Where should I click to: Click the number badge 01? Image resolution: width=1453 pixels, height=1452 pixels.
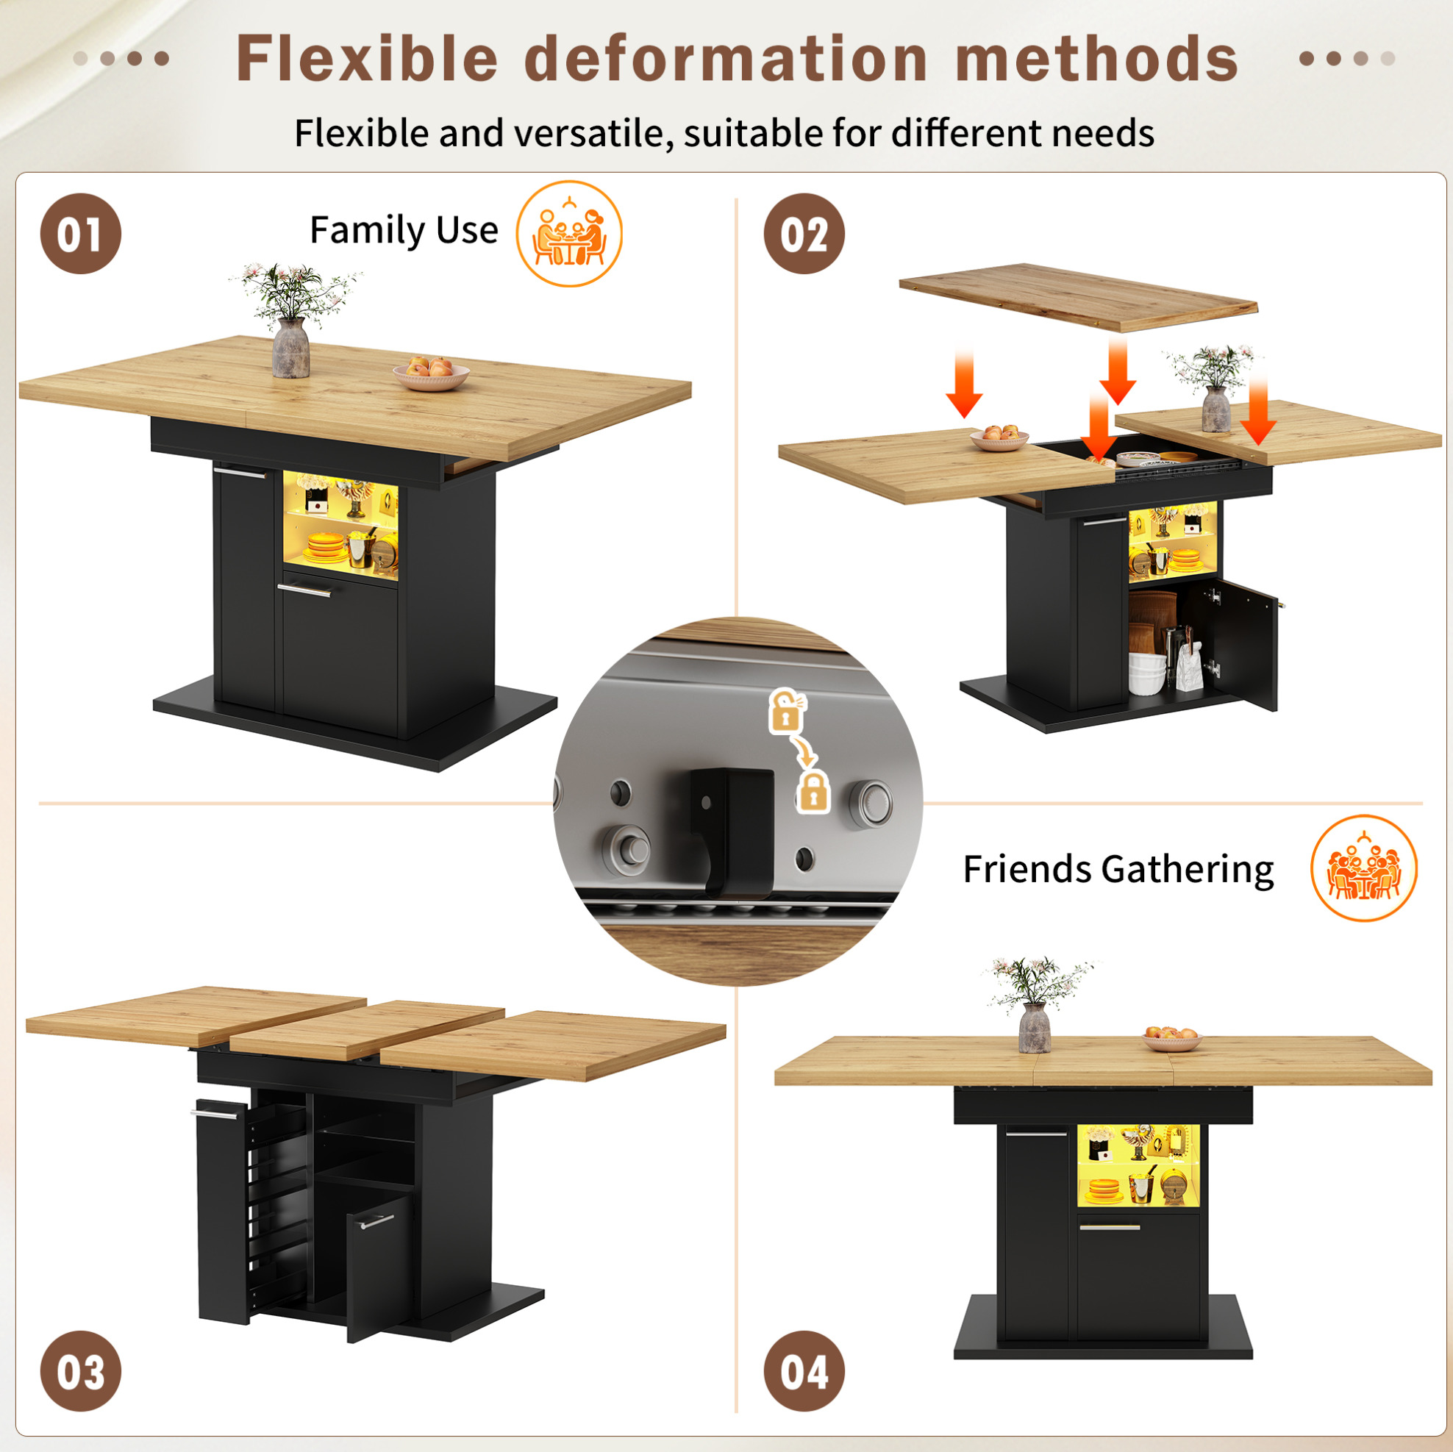pyautogui.click(x=80, y=234)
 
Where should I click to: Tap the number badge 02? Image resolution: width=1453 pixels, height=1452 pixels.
pyautogui.click(x=804, y=234)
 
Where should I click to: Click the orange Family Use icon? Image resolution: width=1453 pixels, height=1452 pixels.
pyautogui.click(x=569, y=234)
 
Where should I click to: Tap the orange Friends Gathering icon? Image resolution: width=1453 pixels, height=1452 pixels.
pyautogui.click(x=1364, y=868)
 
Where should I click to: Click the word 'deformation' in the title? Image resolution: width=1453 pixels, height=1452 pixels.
pyautogui.click(x=726, y=59)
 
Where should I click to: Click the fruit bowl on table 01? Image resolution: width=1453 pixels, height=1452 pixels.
pyautogui.click(x=431, y=373)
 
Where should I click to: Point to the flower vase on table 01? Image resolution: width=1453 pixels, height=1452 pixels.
pyautogui.click(x=291, y=348)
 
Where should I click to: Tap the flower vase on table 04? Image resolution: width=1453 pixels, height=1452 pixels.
pyautogui.click(x=1035, y=1027)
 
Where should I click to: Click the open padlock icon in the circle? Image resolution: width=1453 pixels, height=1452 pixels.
pyautogui.click(x=785, y=711)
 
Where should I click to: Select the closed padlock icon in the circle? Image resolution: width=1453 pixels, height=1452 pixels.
pyautogui.click(x=813, y=791)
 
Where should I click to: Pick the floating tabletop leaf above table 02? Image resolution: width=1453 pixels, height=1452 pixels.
pyautogui.click(x=1078, y=297)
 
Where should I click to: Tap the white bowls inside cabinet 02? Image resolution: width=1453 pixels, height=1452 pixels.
pyautogui.click(x=1147, y=673)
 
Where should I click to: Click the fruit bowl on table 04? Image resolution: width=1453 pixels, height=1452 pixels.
pyautogui.click(x=1171, y=1038)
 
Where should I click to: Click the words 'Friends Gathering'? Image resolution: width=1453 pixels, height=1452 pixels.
pyautogui.click(x=1118, y=869)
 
